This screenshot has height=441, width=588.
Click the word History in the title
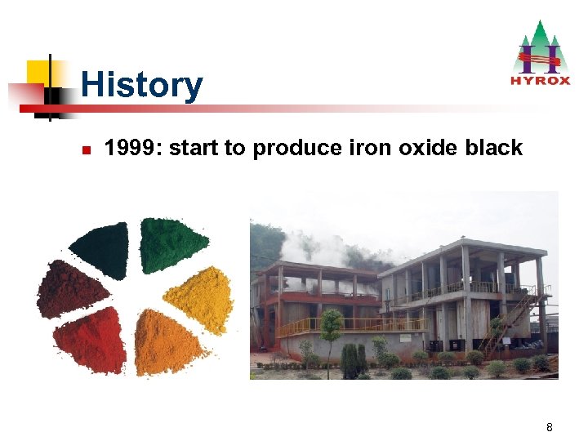(141, 85)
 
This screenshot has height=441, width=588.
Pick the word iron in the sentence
(371, 148)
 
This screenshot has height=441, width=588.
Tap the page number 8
(550, 427)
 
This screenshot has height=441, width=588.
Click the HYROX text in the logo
(539, 80)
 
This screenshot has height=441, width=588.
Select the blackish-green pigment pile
(103, 247)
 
